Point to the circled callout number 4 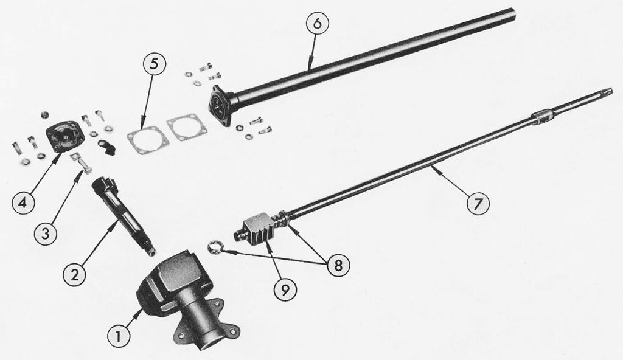[x=23, y=204]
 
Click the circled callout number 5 [x=155, y=64]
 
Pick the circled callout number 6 [x=316, y=24]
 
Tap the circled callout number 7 [x=477, y=204]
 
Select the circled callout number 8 [x=337, y=265]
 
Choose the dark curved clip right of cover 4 [x=106, y=147]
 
